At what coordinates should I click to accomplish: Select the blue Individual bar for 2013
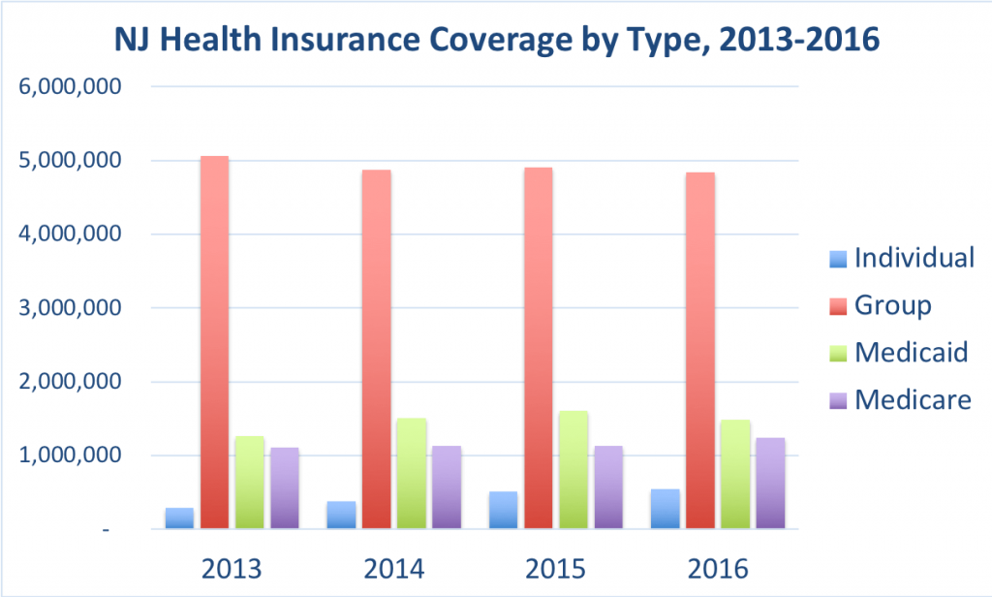coord(179,518)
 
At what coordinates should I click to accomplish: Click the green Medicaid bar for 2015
coord(573,470)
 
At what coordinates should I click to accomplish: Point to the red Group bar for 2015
coord(538,349)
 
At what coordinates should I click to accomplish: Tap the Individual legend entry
coord(901,259)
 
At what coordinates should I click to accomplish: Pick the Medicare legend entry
coord(898,398)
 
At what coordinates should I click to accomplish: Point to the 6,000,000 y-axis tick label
coord(71,86)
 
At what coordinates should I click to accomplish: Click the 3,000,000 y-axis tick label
coord(71,308)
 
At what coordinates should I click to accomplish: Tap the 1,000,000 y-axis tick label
coord(71,456)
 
